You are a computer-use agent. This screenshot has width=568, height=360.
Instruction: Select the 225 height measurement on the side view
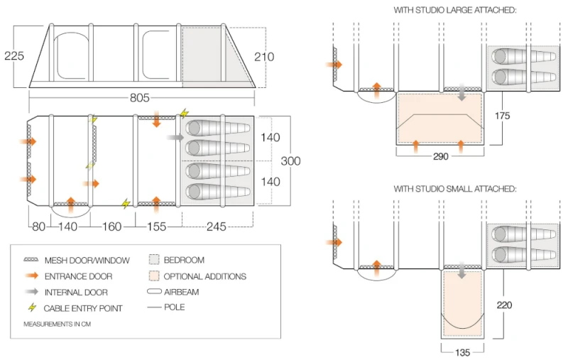(x=13, y=55)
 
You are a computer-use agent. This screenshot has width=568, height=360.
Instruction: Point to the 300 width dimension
(x=290, y=161)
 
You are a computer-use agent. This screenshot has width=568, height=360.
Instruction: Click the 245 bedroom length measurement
(x=217, y=227)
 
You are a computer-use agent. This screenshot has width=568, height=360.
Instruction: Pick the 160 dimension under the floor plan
(x=112, y=227)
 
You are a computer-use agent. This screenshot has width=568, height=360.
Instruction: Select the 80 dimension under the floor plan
(x=38, y=227)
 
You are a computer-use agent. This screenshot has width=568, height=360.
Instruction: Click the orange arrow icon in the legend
(x=31, y=276)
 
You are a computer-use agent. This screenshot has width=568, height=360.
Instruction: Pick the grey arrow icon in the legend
(x=31, y=292)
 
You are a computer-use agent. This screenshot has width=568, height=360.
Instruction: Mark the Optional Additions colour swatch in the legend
(x=154, y=276)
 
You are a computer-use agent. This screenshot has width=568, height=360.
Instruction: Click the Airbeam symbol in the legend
(x=154, y=292)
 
